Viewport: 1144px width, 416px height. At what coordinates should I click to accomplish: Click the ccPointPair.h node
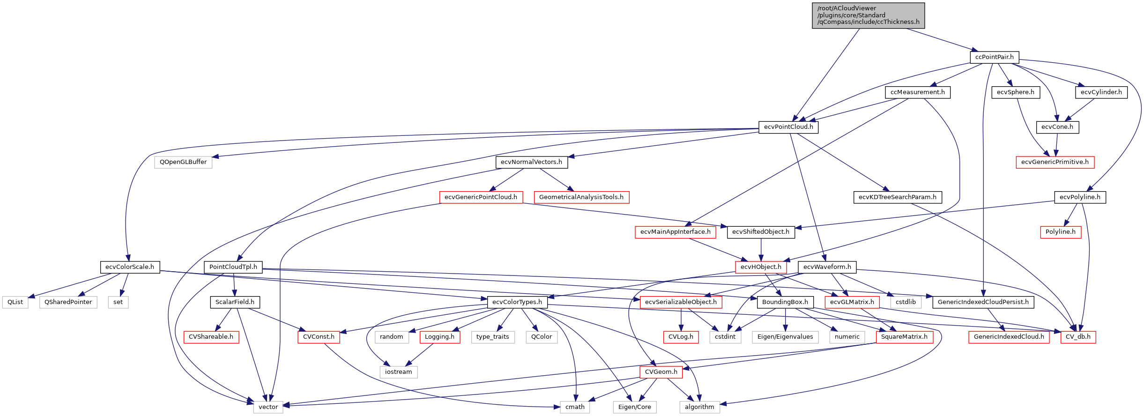coord(994,57)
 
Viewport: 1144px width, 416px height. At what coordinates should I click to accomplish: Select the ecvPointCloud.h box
coord(788,127)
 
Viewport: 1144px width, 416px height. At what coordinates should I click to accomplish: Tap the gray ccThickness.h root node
coord(868,15)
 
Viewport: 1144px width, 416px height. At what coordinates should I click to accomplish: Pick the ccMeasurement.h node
coord(917,92)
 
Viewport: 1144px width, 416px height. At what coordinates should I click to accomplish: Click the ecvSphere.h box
coord(1015,92)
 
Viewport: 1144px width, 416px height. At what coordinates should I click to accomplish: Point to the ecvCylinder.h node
coord(1101,92)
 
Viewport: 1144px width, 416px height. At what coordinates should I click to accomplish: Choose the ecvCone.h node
coord(1057,127)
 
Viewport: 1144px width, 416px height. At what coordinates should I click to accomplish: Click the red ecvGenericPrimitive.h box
coord(1055,162)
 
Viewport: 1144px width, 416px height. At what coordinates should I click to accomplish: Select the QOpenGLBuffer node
coord(183,162)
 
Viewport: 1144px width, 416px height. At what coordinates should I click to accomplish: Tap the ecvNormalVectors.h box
coord(531,162)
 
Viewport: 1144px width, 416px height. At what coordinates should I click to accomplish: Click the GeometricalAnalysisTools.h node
coord(581,197)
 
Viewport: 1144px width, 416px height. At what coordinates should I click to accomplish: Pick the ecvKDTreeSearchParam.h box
coord(897,197)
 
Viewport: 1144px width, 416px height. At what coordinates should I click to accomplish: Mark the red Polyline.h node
coord(1060,232)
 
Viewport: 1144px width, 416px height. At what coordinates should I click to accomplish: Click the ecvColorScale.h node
coord(130,267)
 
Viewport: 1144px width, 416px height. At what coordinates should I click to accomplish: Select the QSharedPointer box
coord(68,302)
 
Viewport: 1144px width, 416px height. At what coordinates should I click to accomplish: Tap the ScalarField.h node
coord(235,302)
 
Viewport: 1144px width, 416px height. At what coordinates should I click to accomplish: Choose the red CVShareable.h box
coord(211,337)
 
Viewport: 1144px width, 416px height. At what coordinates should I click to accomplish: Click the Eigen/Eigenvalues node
coord(785,337)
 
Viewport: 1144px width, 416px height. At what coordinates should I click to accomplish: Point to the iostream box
coord(398,372)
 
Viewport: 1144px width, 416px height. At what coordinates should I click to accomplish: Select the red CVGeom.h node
coord(661,372)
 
